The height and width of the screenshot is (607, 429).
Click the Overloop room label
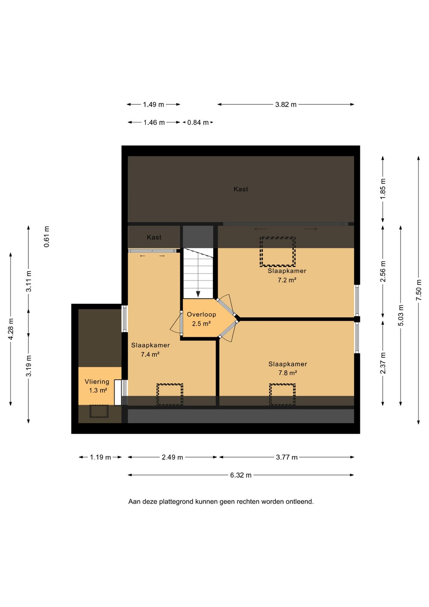(201, 314)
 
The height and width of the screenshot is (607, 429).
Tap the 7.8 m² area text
(288, 373)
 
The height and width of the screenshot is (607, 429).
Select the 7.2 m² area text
(287, 280)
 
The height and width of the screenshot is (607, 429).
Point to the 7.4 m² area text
(150, 354)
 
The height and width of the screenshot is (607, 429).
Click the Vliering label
(97, 381)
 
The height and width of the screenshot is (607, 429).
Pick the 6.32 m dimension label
(241, 475)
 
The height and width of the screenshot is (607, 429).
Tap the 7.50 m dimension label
(419, 290)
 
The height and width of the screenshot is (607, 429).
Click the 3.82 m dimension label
(286, 105)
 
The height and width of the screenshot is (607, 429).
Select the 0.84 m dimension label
(198, 123)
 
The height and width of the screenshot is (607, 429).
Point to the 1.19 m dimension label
(100, 457)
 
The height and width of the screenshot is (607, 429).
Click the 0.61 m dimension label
(47, 236)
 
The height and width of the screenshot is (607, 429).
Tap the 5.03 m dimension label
(401, 315)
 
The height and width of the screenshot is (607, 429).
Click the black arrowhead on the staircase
(198, 294)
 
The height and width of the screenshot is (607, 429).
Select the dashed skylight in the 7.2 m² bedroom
(277, 252)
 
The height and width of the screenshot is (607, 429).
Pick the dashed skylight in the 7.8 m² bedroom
(282, 395)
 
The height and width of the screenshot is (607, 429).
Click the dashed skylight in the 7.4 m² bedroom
(170, 395)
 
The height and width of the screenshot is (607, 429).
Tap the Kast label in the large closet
(241, 189)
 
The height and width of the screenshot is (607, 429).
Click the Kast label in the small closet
(154, 237)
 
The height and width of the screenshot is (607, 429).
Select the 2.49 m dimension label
(172, 457)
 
